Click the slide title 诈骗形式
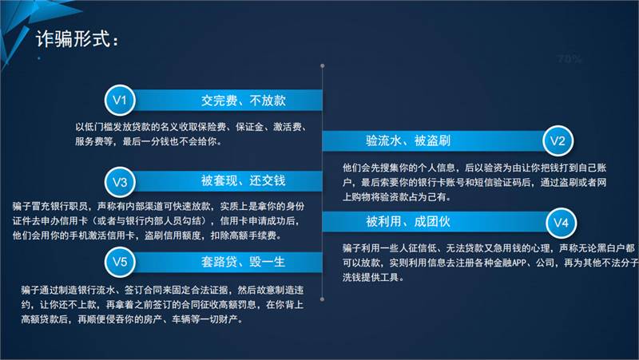tap(73, 39)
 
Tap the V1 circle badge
tap(119, 101)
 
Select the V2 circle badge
tap(558, 141)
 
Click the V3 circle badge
tap(119, 182)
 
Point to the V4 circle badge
tap(561, 223)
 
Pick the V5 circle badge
tap(119, 262)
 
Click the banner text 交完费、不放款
tap(244, 101)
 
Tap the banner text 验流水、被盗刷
tap(408, 141)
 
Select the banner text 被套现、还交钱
tap(244, 180)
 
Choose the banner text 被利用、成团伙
tap(408, 222)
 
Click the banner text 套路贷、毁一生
tap(244, 262)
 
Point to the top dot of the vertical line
tap(323, 65)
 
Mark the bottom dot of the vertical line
tap(323, 299)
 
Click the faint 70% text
tap(570, 59)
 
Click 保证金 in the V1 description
tap(249, 127)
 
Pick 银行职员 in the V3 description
tap(69, 206)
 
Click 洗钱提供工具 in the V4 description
tap(371, 278)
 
